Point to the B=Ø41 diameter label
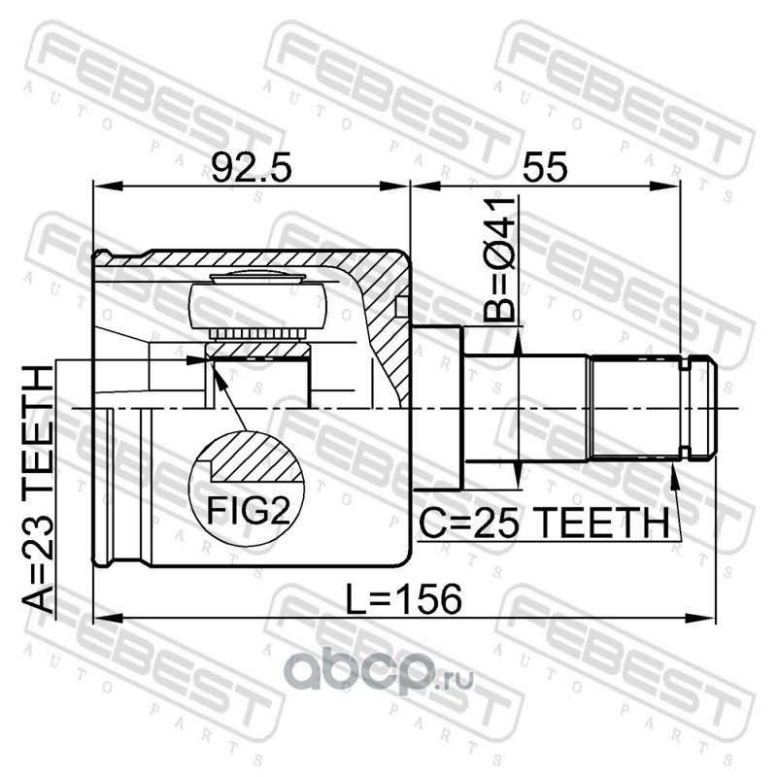(499, 259)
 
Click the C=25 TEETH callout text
(545, 524)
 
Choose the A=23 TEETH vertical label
(38, 490)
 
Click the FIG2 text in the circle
(248, 511)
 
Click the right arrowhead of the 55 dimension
(665, 186)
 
